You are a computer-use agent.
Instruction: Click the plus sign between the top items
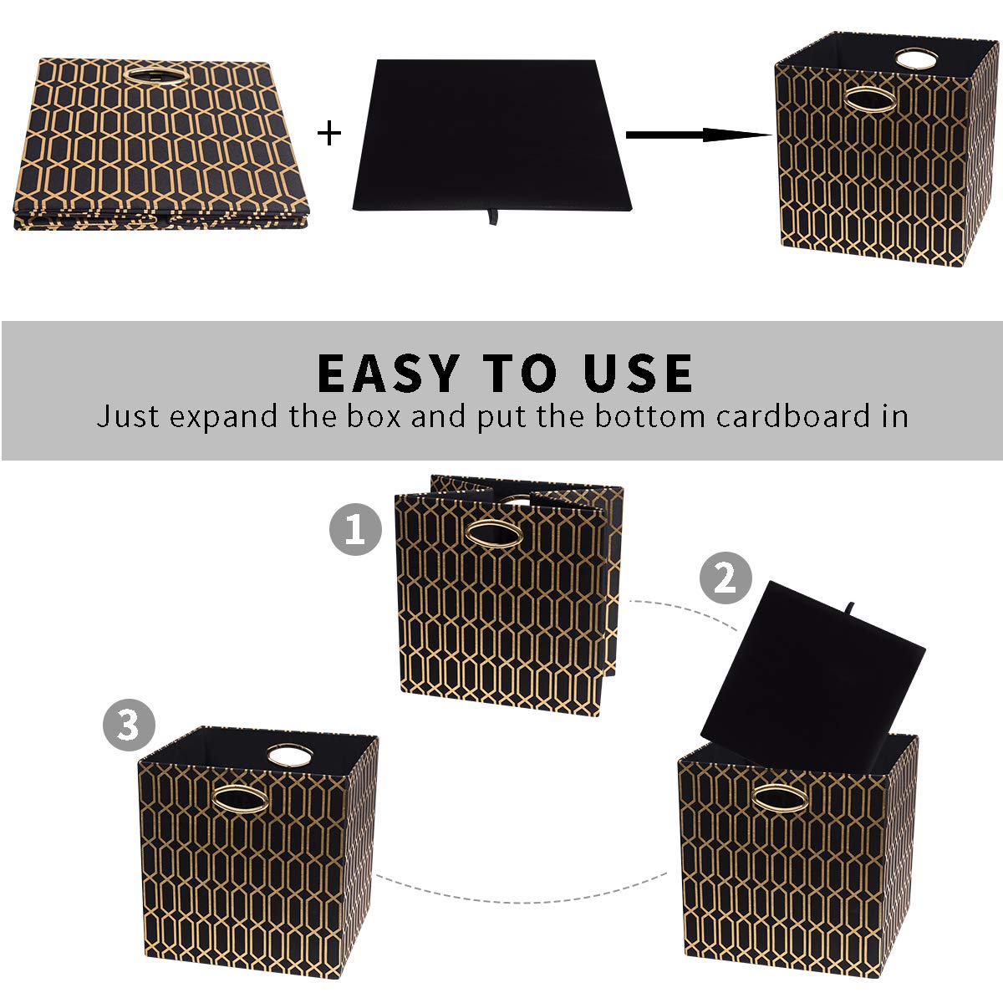330,133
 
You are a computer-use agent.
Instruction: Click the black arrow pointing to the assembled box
698,135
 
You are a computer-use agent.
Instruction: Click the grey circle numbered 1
355,529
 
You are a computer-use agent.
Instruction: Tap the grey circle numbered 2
725,578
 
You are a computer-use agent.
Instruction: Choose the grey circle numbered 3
129,725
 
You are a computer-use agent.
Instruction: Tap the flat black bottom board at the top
489,134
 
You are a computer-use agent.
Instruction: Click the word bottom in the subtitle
650,416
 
